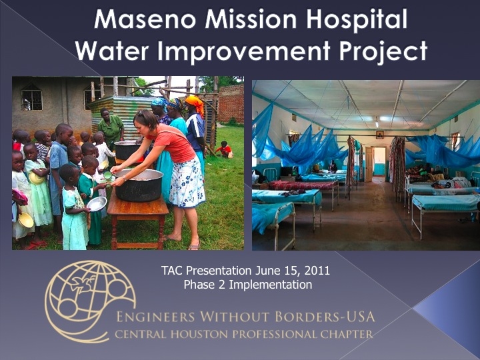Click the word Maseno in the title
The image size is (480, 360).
click(x=145, y=19)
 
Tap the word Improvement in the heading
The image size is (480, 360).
click(x=244, y=51)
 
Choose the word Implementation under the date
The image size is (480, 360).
click(x=271, y=285)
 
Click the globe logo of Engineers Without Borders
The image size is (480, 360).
click(x=90, y=301)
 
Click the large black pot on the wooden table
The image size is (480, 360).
click(x=139, y=185)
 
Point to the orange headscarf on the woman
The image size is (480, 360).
click(x=195, y=103)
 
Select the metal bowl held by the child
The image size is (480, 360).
click(x=97, y=204)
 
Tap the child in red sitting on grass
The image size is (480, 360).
click(x=225, y=150)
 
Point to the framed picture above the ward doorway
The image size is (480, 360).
click(x=380, y=135)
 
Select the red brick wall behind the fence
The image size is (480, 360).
click(x=231, y=103)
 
